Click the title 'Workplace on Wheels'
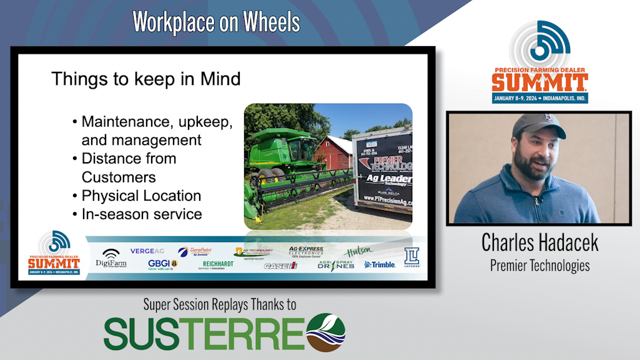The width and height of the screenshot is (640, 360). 216,22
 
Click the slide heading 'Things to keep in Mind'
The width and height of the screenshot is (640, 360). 145,79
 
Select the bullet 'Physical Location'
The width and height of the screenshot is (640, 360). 141,195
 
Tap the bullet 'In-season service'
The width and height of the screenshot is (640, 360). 142,214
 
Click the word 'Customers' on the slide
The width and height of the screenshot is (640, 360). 119,177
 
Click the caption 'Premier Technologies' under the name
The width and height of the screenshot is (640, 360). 539,265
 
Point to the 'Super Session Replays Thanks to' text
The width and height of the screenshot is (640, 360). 219,304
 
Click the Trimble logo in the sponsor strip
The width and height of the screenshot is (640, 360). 380,265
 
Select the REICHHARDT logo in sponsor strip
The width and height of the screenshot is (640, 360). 218,265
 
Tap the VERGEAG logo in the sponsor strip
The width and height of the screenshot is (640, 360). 147,251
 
